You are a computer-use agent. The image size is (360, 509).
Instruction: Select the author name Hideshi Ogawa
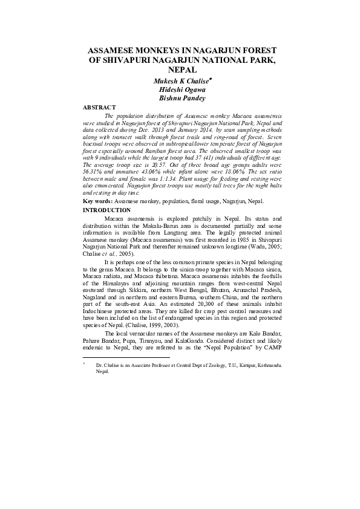(x=180, y=88)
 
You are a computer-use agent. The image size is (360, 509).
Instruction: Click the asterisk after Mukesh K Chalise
(x=210, y=77)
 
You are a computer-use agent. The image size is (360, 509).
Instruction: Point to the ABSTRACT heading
(x=99, y=107)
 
